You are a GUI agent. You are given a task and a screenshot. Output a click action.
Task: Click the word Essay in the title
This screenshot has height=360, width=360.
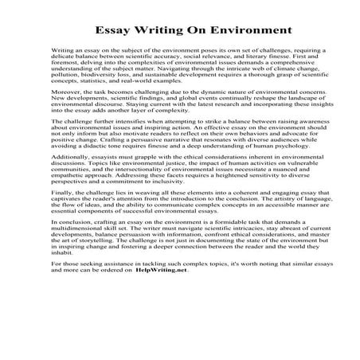119,32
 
